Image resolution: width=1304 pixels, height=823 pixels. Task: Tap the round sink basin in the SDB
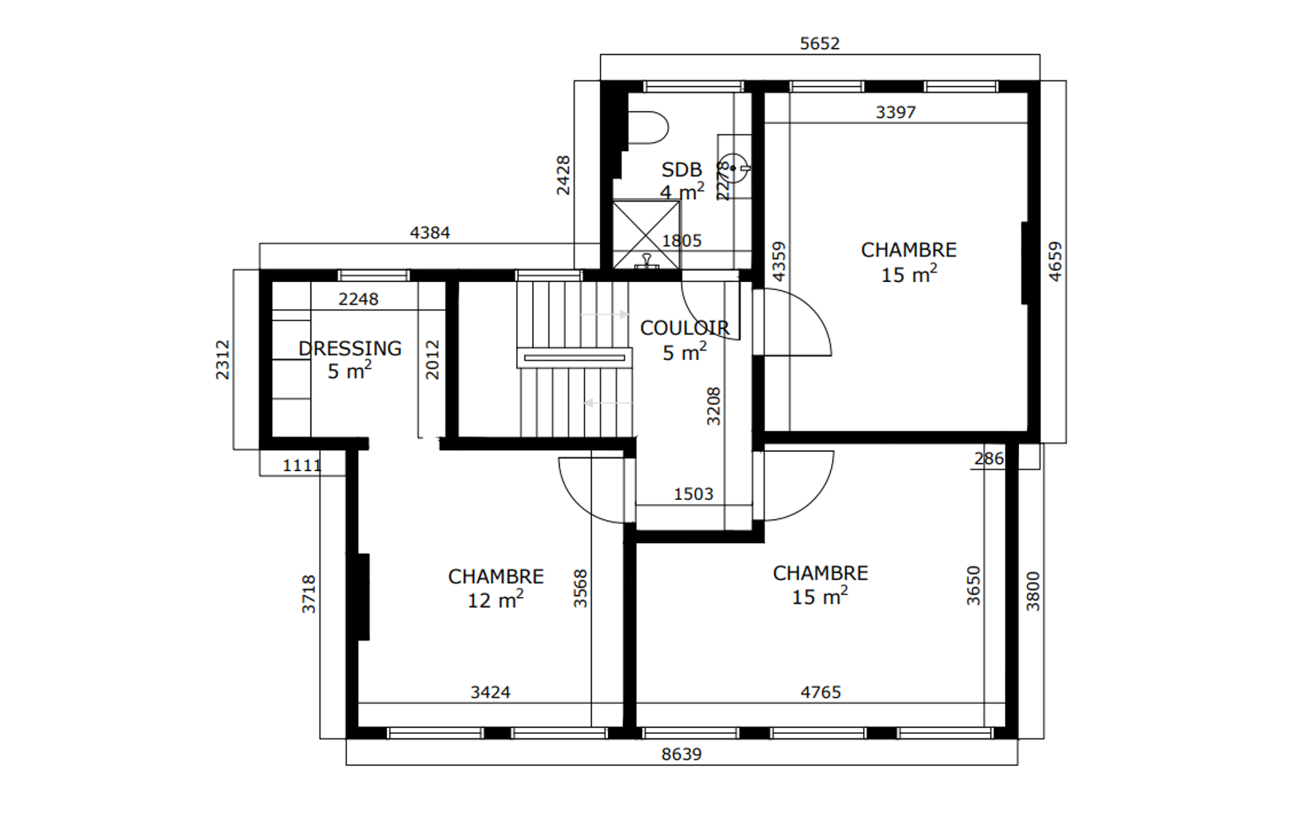click(x=732, y=168)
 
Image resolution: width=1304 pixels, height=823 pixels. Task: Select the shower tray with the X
click(x=646, y=235)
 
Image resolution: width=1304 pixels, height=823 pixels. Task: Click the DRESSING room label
click(x=350, y=349)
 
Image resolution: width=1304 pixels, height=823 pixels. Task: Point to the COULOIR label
click(x=685, y=328)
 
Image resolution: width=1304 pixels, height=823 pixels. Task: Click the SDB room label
click(x=682, y=170)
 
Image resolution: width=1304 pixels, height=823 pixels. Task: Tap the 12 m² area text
click(x=495, y=600)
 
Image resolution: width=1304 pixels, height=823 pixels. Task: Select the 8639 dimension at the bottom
click(x=682, y=754)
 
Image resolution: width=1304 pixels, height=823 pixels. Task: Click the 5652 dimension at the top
click(x=820, y=43)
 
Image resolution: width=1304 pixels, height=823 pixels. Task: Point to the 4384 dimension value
click(x=430, y=233)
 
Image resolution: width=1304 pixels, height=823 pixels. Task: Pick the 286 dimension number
click(x=989, y=459)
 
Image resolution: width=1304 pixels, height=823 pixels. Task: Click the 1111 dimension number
click(x=302, y=465)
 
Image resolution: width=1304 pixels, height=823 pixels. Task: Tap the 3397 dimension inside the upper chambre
click(x=896, y=112)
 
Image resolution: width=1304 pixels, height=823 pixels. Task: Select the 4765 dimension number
click(x=821, y=693)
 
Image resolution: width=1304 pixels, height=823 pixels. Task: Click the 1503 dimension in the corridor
click(x=693, y=494)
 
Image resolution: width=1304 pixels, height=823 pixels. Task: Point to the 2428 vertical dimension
click(x=564, y=175)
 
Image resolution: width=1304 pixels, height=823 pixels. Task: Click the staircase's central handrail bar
click(x=575, y=358)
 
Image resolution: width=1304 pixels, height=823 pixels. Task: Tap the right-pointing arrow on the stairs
click(x=605, y=315)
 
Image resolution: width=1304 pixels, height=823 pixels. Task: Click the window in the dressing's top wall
click(x=373, y=275)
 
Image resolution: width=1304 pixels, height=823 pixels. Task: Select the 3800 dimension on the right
click(x=1033, y=592)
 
